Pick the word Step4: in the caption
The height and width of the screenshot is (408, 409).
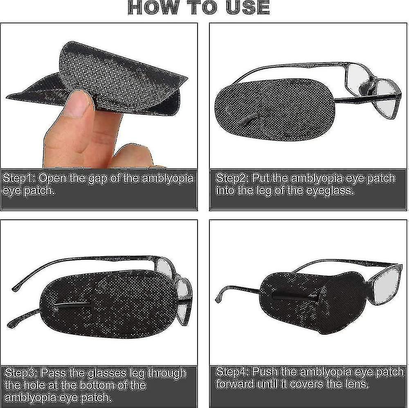(x=232, y=372)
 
